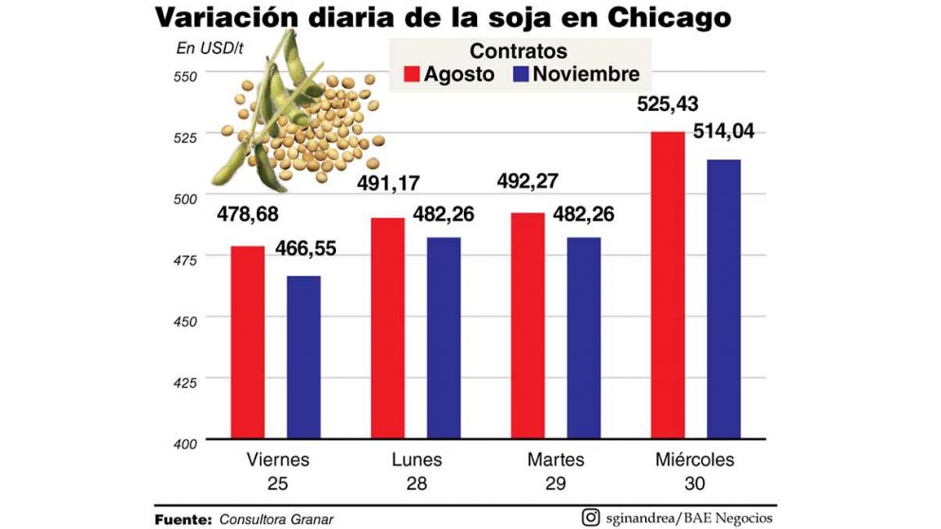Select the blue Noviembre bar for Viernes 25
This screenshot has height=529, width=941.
click(x=304, y=357)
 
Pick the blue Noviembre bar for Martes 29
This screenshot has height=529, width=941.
click(x=583, y=337)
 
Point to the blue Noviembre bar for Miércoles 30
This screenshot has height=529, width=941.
click(x=723, y=299)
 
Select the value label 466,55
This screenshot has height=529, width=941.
click(x=304, y=250)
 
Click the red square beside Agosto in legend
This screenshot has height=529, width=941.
click(x=411, y=75)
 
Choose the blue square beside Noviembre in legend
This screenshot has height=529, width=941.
click(x=519, y=75)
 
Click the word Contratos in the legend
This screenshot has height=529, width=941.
click(x=519, y=51)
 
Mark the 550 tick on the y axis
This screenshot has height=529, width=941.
click(x=185, y=75)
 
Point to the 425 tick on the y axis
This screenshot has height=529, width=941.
click(x=185, y=382)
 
